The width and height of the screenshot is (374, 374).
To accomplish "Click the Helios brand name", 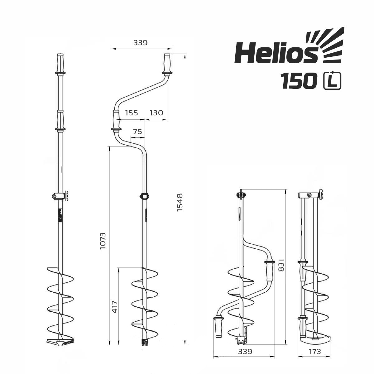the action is [276, 53].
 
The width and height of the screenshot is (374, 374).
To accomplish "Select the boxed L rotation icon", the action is [332, 80].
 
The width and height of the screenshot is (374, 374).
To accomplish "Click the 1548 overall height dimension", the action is [180, 202].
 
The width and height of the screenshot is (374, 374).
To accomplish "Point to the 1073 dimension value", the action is [103, 241].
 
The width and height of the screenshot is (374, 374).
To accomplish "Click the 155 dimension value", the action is [132, 113].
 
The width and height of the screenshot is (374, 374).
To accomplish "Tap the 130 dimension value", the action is [156, 113].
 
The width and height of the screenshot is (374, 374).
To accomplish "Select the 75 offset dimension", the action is [138, 132].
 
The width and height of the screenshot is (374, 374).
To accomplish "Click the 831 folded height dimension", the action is [281, 265].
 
